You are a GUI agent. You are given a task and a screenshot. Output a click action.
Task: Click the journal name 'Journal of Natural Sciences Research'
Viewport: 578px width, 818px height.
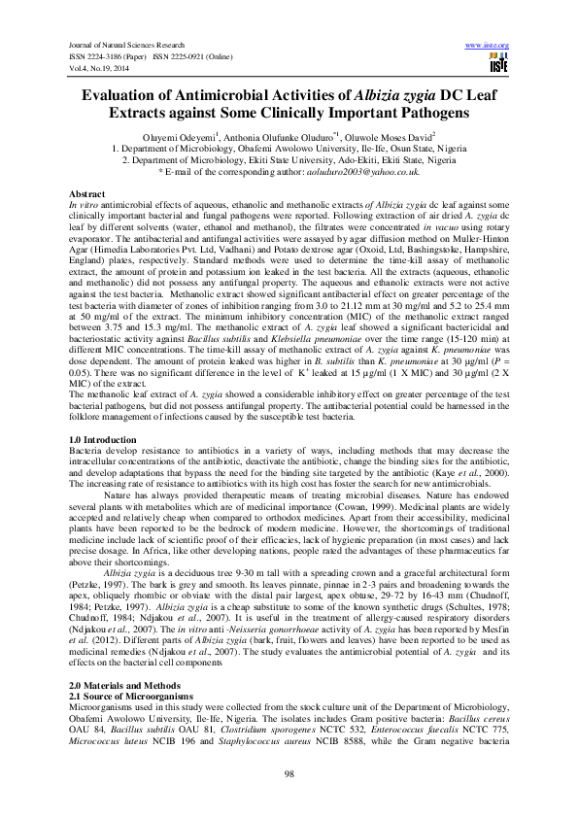124,46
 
